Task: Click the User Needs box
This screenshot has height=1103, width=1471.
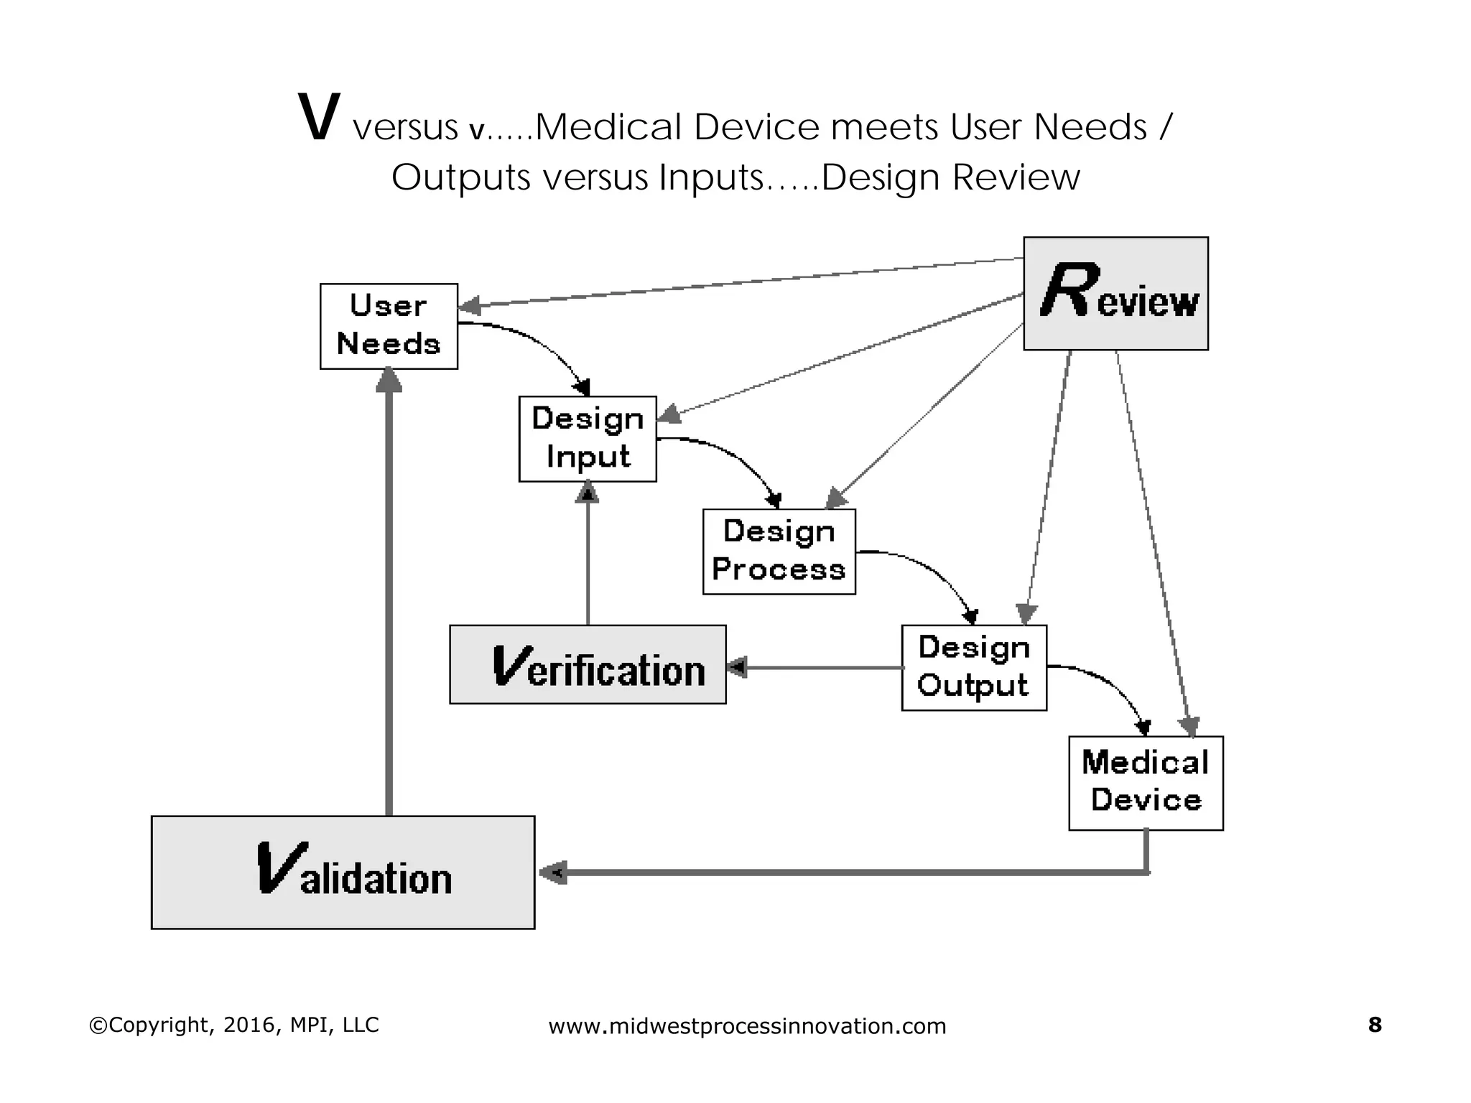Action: point(389,326)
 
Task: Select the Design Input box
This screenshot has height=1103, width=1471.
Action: point(588,438)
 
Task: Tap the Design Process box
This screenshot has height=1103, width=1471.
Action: point(779,551)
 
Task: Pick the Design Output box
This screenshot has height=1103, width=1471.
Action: point(974,667)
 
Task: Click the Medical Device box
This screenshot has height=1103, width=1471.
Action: point(1146,783)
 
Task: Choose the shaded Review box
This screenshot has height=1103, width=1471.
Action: point(1115,293)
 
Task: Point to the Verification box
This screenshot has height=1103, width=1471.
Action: point(588,664)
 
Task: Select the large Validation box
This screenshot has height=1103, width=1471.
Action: point(343,872)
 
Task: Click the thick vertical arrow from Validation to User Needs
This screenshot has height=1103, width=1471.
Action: point(389,596)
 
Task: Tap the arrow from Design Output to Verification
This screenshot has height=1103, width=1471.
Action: point(819,667)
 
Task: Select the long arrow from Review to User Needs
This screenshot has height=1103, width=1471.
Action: point(740,282)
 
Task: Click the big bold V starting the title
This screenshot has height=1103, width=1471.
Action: point(317,118)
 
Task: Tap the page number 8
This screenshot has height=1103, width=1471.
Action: point(1375,1025)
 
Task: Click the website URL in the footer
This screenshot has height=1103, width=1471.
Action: point(747,1026)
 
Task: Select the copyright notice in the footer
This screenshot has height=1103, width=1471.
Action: point(233,1025)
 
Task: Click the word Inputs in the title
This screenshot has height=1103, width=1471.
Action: point(710,177)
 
